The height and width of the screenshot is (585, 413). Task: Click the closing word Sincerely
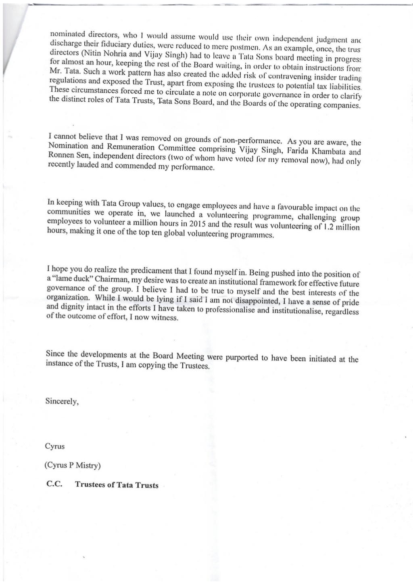pos(62,402)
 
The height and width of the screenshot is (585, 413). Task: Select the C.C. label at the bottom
pos(54,484)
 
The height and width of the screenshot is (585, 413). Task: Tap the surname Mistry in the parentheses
pos(86,465)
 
